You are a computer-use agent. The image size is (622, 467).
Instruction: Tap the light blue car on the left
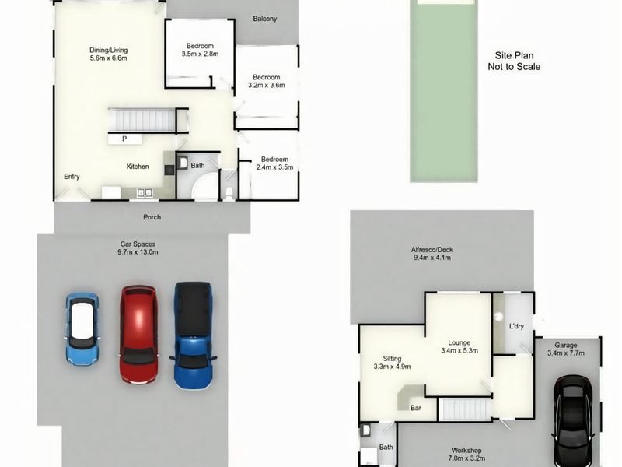[x=82, y=328]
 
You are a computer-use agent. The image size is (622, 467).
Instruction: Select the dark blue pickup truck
[x=192, y=335]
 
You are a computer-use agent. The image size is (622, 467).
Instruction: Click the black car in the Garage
[x=573, y=420]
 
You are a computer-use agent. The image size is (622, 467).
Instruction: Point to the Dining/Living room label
[x=108, y=54]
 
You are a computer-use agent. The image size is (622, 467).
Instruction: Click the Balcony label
[x=265, y=19]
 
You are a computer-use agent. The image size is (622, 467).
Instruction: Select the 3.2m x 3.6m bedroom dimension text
[x=266, y=86]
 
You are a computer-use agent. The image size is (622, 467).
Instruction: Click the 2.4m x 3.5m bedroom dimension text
[x=274, y=167]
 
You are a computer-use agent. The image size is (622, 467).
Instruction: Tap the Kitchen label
[x=138, y=167]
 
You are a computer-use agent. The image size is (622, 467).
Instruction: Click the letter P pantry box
[x=124, y=139]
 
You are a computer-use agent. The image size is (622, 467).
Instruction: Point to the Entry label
[x=72, y=177]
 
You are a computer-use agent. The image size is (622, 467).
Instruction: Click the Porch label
[x=152, y=217]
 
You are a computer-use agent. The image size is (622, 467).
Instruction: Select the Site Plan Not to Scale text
[x=513, y=61]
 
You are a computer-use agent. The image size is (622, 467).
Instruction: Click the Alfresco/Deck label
[x=431, y=254]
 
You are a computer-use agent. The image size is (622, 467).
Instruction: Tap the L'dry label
[x=516, y=326]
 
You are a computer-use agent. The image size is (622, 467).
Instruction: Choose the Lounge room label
[x=459, y=346]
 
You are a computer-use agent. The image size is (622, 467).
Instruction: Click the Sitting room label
[x=391, y=362]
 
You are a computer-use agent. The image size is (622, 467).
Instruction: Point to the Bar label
[x=416, y=407]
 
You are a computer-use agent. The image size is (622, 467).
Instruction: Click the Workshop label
[x=466, y=455]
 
